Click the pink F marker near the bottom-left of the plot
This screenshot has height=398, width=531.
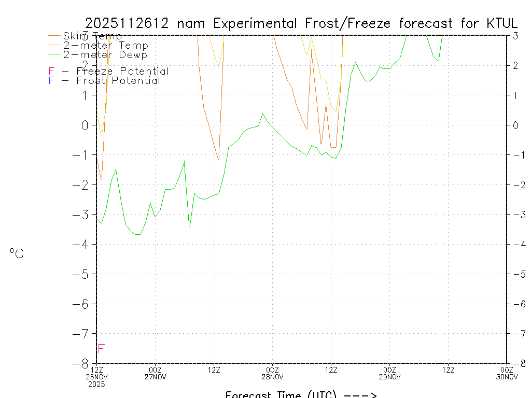(101, 349)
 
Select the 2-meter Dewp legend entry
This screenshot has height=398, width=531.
(105, 54)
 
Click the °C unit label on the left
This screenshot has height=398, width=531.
(17, 253)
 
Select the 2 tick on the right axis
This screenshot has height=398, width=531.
(515, 65)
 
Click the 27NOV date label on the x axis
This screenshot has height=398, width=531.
(155, 377)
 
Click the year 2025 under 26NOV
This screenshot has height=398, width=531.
(96, 384)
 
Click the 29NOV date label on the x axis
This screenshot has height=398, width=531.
(389, 377)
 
